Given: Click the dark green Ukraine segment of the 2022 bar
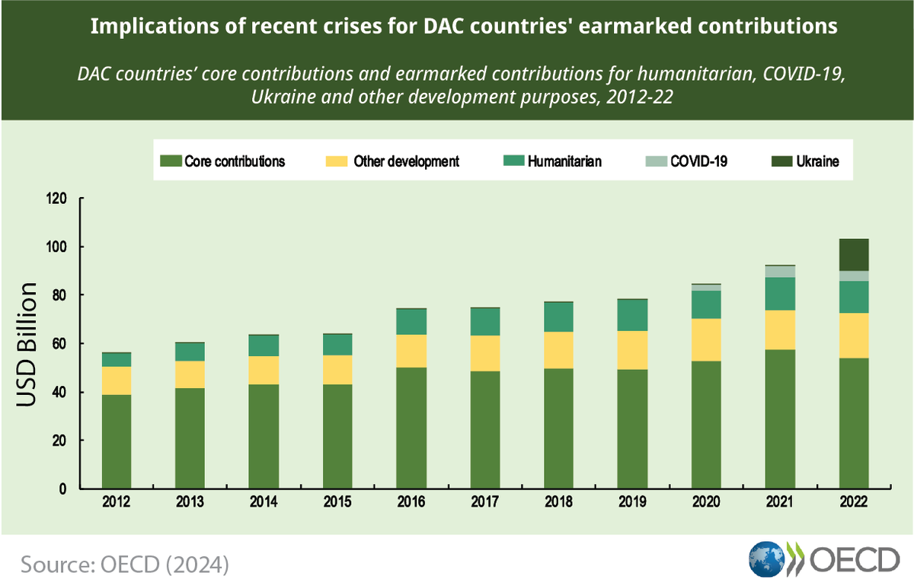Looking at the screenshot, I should (853, 254).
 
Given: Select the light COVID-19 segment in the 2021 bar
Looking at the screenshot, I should (779, 272).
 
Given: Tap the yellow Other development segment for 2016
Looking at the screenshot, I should (410, 351).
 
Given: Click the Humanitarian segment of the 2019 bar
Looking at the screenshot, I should (631, 315).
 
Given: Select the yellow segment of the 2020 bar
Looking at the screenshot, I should (705, 339).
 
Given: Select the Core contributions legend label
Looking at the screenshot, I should (234, 161).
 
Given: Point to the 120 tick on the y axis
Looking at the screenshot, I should (58, 199).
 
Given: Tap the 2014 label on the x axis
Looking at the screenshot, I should (264, 503).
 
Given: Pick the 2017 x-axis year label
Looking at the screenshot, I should (484, 503).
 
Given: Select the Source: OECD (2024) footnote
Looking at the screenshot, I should (125, 565).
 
